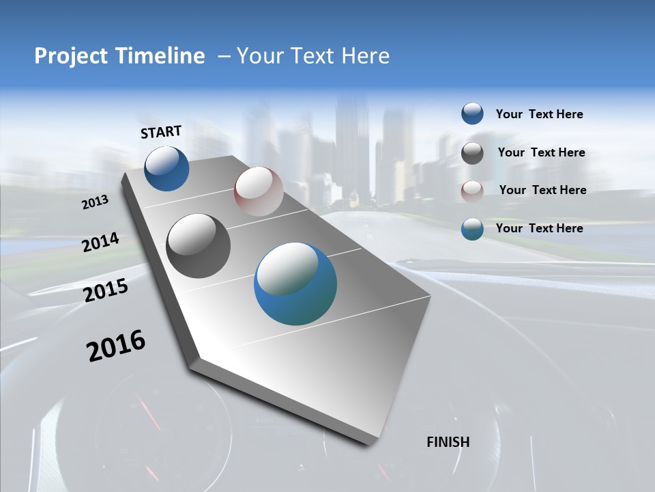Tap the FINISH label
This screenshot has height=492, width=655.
tap(448, 442)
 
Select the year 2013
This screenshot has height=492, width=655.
tap(96, 202)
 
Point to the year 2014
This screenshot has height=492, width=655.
tap(101, 242)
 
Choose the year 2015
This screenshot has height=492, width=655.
tap(106, 290)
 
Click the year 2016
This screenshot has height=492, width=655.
tap(117, 346)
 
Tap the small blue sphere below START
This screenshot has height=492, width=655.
tap(166, 168)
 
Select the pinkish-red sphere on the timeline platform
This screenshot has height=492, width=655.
tap(259, 191)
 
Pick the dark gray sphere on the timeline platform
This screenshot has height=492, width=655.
tap(199, 246)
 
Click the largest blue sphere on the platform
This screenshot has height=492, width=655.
tap(295, 284)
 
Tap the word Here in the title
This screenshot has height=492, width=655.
tap(362, 56)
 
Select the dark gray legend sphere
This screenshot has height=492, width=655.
tap(472, 153)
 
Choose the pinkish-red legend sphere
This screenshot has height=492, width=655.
tap(472, 191)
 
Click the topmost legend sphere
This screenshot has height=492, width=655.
tap(472, 114)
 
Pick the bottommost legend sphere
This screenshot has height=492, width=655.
tap(472, 229)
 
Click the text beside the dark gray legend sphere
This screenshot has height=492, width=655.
tap(541, 152)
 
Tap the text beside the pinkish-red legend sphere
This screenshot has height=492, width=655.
tap(542, 190)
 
